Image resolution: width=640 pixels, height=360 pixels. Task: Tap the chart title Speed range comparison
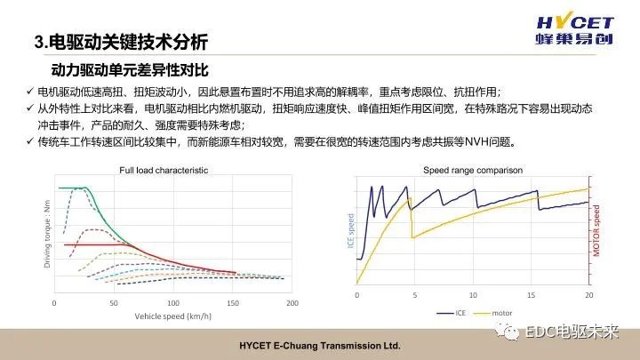472,169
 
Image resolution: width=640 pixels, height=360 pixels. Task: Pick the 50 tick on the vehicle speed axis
114,303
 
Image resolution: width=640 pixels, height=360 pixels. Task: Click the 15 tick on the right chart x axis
531,294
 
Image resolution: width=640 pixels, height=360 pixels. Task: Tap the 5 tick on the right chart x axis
414,294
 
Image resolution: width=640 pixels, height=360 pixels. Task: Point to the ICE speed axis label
348,232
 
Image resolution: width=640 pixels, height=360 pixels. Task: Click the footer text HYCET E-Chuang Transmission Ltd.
320,345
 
